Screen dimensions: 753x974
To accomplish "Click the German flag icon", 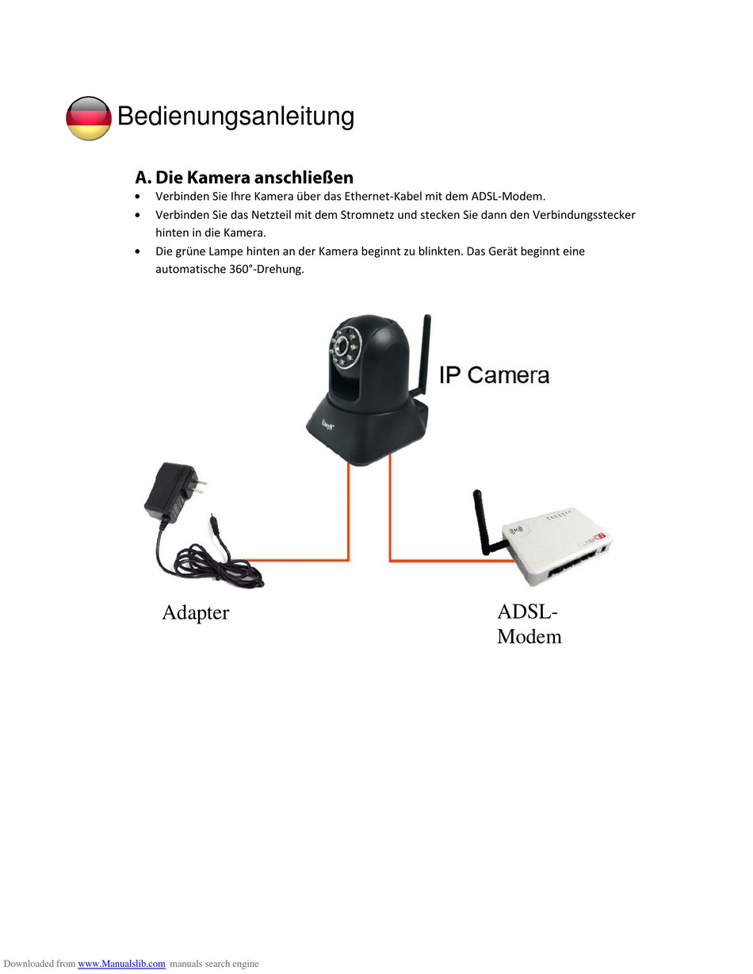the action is coord(88,118).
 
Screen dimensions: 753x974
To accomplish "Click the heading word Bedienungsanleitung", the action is coord(235,116).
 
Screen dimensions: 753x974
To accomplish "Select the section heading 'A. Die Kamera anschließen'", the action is coord(244,177).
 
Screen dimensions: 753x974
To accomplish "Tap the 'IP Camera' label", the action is coord(494,374).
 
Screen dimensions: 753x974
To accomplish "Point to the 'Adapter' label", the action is coord(195,612).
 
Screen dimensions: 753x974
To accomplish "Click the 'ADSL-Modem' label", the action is coord(529,623).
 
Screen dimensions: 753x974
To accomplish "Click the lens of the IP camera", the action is coord(344,346).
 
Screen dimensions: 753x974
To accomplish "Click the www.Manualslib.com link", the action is coord(121,964).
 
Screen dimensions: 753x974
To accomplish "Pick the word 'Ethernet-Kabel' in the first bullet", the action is coord(382,196).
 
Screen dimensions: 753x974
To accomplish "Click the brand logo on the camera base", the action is coord(327,425).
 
